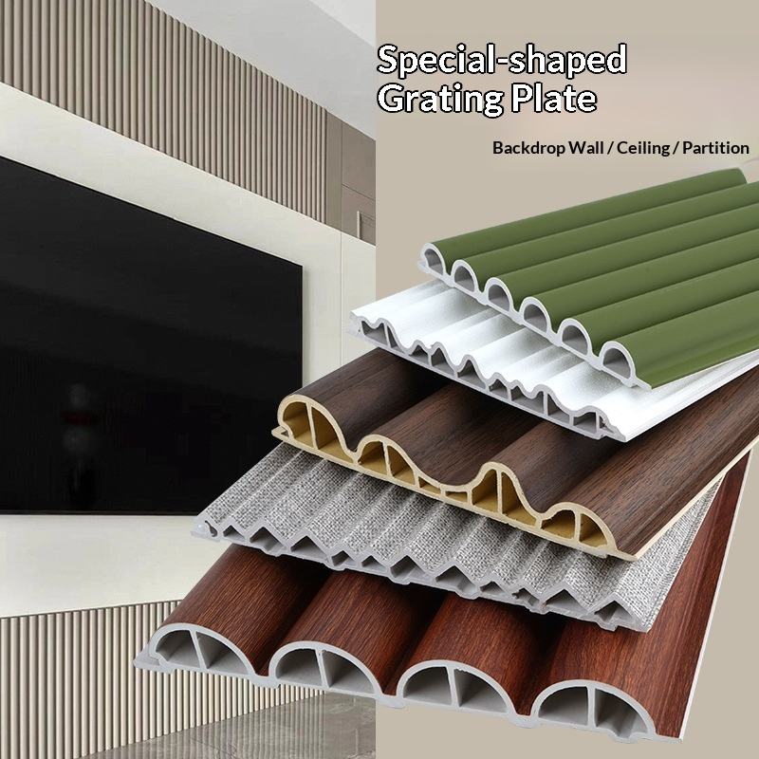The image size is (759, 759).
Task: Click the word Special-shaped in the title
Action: point(502,60)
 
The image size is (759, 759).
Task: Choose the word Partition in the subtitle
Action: point(715,148)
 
